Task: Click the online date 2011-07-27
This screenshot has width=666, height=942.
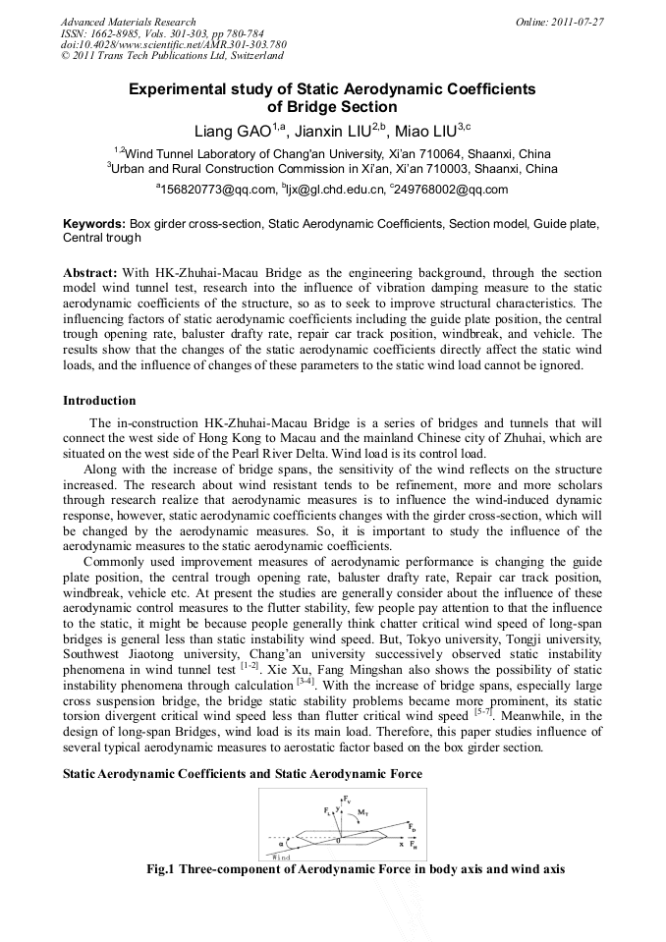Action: click(577, 22)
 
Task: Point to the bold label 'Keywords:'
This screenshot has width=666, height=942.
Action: click(94, 224)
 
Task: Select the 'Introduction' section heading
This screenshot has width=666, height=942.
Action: click(99, 401)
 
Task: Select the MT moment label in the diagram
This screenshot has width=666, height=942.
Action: click(363, 813)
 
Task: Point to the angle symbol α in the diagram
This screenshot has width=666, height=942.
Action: click(281, 842)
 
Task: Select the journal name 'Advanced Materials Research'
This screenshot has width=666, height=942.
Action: click(129, 22)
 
